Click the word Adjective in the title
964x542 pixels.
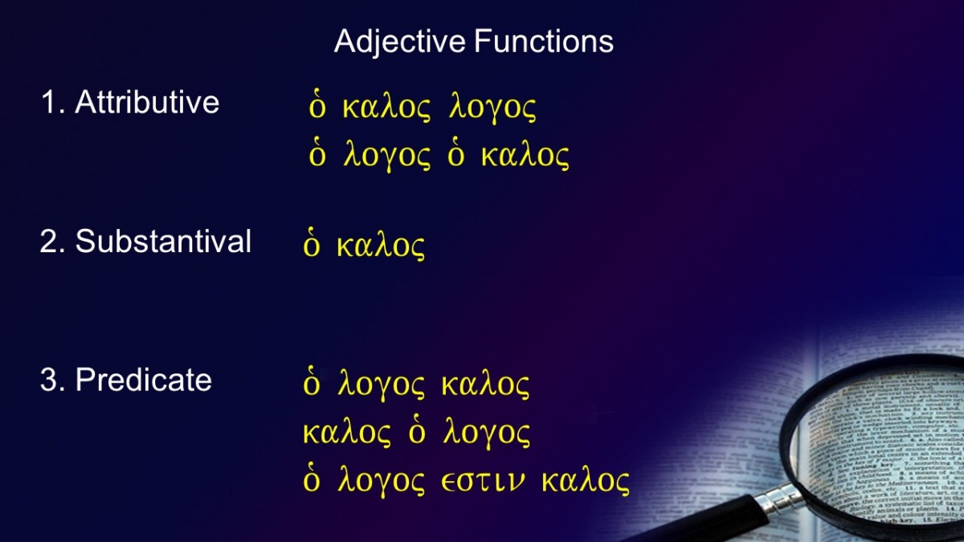400,42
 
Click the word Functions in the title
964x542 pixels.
544,41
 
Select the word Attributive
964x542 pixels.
147,102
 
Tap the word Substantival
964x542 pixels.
163,241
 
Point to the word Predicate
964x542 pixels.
144,380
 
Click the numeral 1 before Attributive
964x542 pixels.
48,103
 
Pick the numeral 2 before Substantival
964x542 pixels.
48,242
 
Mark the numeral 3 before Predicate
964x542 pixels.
48,381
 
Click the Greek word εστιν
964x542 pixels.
484,481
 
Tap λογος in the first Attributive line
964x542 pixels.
492,107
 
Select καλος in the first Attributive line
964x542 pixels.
386,107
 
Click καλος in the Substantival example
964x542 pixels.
381,246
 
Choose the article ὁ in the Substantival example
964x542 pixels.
312,243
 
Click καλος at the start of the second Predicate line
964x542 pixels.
347,433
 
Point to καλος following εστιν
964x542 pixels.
586,481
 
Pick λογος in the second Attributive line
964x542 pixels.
387,155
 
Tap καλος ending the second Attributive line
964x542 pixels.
525,155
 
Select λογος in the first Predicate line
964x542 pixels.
382,385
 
